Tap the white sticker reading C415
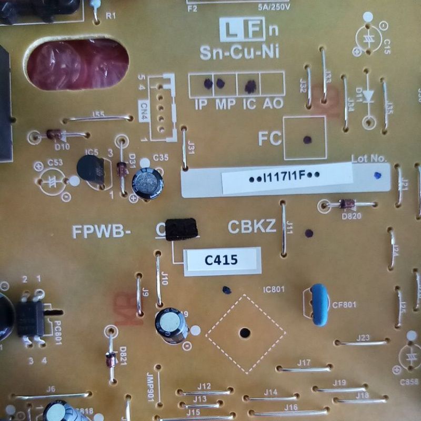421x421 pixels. point(222,260)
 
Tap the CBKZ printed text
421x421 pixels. point(252,227)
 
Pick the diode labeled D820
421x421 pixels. point(346,204)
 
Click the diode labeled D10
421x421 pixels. point(54,135)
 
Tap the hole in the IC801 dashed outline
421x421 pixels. point(245,333)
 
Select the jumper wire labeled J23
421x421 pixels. point(363,343)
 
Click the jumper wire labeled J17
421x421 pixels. point(304,369)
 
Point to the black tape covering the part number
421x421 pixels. point(181,229)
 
